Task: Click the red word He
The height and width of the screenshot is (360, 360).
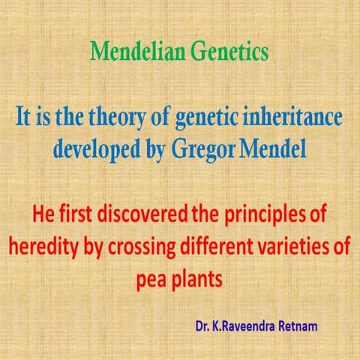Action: pyautogui.click(x=42, y=213)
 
